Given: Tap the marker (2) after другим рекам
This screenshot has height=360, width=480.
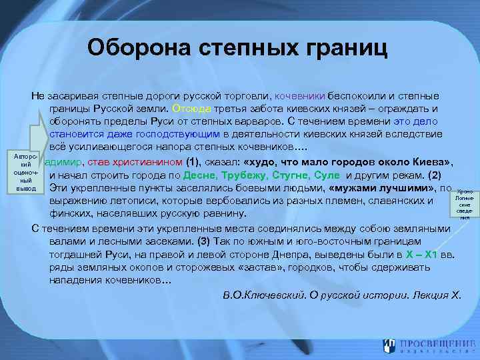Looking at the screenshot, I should click(x=433, y=175).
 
